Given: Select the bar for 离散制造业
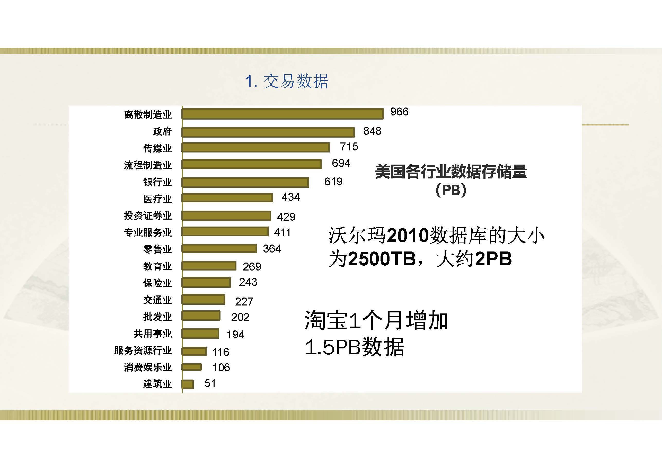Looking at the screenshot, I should (x=283, y=114).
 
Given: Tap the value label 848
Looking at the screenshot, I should (x=372, y=131).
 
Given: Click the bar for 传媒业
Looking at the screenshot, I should (x=255, y=148).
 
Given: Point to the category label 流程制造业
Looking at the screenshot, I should (x=148, y=165).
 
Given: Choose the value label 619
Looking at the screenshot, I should (x=333, y=182).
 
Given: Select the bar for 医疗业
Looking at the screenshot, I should (x=227, y=198).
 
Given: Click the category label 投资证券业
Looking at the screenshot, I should (x=148, y=215).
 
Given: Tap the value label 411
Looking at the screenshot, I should (x=282, y=232).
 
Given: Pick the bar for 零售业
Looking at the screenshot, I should (x=219, y=249).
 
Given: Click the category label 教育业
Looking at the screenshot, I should (x=157, y=266).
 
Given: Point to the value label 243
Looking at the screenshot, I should (x=248, y=282).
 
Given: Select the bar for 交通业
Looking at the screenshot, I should (x=203, y=299).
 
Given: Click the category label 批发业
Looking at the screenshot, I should (x=157, y=317).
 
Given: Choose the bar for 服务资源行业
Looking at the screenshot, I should (x=194, y=351).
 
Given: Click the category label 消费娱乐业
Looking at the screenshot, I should (x=148, y=367).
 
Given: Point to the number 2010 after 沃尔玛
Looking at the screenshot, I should (x=408, y=236).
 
